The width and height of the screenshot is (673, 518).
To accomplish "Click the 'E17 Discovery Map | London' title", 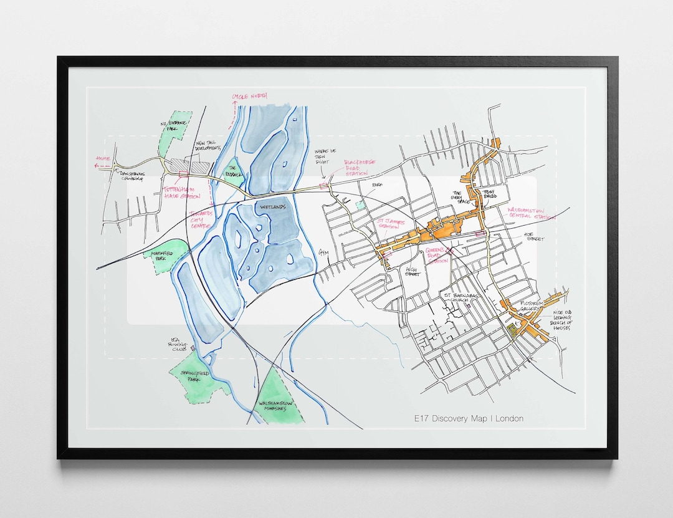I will click(x=469, y=418).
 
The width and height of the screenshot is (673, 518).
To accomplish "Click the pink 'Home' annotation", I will click(x=103, y=159).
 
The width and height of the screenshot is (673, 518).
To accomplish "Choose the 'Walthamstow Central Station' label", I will click(x=530, y=214).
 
